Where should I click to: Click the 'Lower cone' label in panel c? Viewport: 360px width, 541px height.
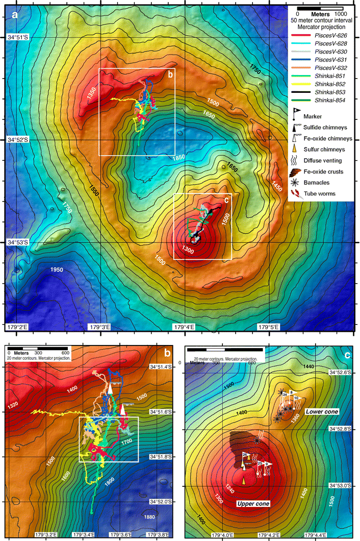[319, 410]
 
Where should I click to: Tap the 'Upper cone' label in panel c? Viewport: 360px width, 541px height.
[253, 503]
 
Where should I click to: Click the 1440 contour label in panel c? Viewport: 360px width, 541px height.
[307, 367]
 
